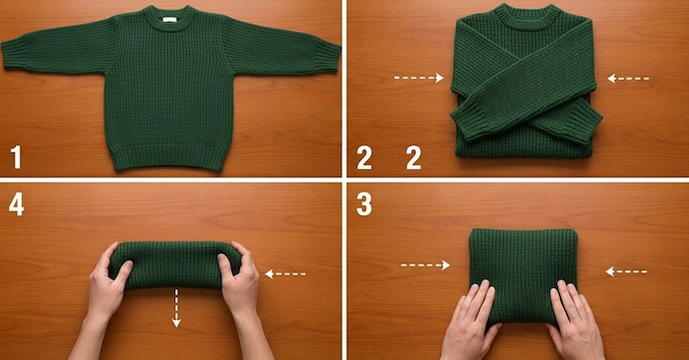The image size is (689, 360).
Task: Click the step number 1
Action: pyautogui.click(x=16, y=157)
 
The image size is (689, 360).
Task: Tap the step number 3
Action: pyautogui.click(x=364, y=204)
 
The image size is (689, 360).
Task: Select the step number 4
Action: pyautogui.click(x=17, y=204)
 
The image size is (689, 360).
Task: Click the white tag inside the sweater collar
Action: pyautogui.click(x=169, y=20)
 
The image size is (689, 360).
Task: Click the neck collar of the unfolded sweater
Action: pyautogui.click(x=169, y=18)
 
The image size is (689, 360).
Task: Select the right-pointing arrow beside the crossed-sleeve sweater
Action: pyautogui.click(x=418, y=78)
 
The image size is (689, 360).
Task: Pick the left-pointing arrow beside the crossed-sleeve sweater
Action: pyautogui.click(x=628, y=79)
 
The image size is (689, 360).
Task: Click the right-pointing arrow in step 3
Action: pyautogui.click(x=425, y=266)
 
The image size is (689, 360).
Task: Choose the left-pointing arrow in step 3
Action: pyautogui.click(x=626, y=271)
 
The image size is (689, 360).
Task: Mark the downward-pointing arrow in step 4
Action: pyautogui.click(x=176, y=308)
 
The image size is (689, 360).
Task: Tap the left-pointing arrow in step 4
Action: pyautogui.click(x=285, y=274)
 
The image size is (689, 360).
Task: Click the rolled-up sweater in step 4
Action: pyautogui.click(x=175, y=265)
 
